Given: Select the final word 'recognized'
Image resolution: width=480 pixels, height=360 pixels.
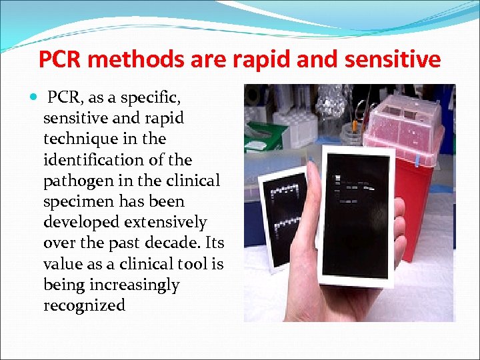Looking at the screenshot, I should tap(84, 305).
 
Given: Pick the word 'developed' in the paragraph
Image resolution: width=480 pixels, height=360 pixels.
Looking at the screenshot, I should tap(75, 223).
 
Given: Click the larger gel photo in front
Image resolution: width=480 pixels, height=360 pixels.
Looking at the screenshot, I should tap(356, 213).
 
